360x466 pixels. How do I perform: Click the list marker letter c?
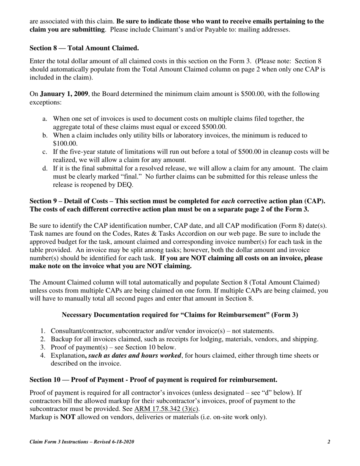pyautogui.click(x=45, y=152)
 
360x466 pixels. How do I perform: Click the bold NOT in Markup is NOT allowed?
pyautogui.click(x=68, y=418)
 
